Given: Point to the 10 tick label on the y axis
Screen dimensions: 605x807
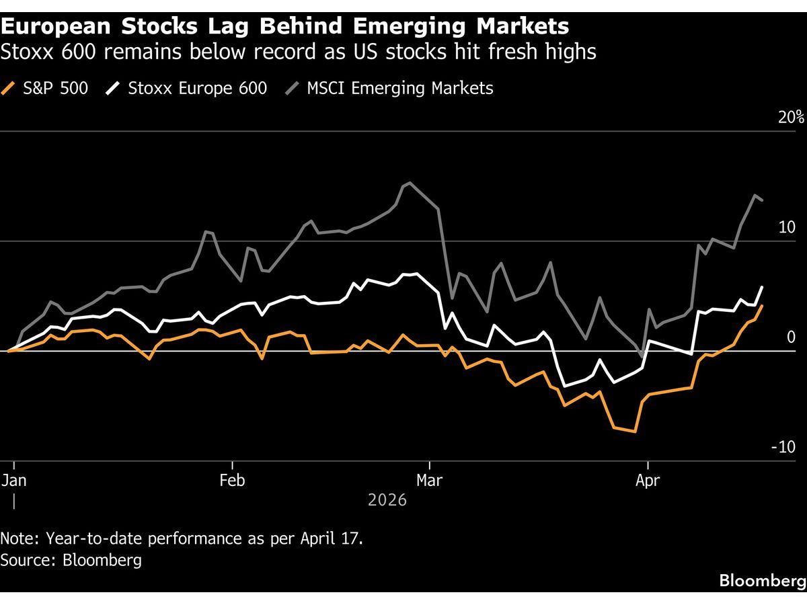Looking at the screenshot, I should (786, 227).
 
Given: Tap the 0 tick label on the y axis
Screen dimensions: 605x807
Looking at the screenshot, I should (791, 337).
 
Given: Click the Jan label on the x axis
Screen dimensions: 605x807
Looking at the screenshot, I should (15, 481).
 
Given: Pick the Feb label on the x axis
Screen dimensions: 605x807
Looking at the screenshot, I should (232, 481).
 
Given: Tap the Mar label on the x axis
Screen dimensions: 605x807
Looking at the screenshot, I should (429, 481).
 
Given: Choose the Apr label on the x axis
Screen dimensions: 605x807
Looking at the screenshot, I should (647, 481).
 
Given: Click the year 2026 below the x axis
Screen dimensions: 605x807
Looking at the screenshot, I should (387, 500).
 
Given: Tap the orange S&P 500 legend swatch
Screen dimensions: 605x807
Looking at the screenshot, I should (9, 88).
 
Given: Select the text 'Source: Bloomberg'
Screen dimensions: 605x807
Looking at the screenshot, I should (71, 560).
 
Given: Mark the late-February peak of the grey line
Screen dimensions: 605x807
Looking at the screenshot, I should (410, 182).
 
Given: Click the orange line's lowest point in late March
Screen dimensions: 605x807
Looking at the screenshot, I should (635, 432).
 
